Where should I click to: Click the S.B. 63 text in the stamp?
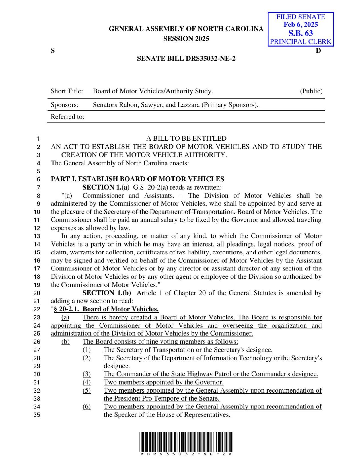[x=301, y=33]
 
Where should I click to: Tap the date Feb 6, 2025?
[x=301, y=25]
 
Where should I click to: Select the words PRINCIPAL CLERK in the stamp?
[x=301, y=42]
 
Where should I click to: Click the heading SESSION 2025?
[x=186, y=39]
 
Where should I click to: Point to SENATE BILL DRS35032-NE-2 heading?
[x=186, y=59]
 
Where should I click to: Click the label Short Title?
[x=67, y=91]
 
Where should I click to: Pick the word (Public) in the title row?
[x=311, y=91]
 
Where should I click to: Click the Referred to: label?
[x=67, y=117]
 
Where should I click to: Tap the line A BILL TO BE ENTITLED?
[x=186, y=139]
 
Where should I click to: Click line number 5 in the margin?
[x=38, y=171]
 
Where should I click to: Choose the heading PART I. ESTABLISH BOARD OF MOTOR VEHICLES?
[x=137, y=179]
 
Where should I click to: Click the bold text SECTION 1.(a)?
[x=106, y=187]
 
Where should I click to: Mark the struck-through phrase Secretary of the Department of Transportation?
[x=170, y=212]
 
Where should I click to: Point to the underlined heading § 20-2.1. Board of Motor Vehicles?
[x=106, y=309]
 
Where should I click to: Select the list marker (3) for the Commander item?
[x=87, y=374]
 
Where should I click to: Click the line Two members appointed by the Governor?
[x=163, y=382]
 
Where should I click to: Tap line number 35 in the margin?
[x=37, y=415]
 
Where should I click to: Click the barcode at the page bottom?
[x=186, y=442]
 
